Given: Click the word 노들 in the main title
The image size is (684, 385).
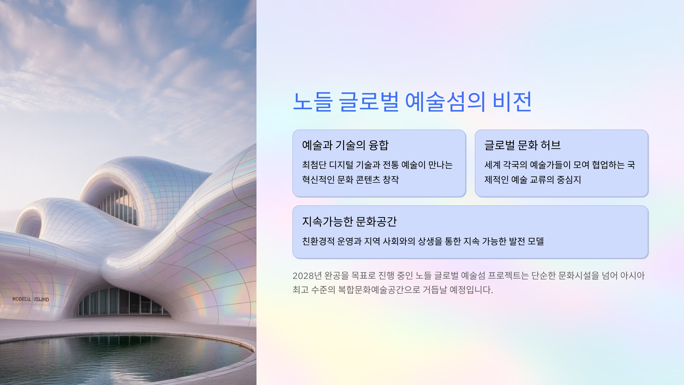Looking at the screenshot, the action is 313,102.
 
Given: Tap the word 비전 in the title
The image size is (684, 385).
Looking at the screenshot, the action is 512,102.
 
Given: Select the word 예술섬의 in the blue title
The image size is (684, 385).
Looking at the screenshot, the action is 445,102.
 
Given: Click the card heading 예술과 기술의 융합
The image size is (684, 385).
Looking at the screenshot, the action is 345,145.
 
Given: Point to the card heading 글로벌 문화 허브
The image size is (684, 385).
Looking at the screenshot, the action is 523,145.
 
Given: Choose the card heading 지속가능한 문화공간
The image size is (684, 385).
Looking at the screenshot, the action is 349,222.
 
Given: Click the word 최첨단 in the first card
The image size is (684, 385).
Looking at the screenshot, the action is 314,165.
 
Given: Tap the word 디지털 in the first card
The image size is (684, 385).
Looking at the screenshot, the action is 341,165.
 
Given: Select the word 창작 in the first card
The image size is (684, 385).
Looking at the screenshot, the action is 391,180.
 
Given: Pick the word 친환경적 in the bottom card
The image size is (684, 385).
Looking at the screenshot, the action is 318,241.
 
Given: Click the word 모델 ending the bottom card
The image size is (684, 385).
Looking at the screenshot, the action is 536,241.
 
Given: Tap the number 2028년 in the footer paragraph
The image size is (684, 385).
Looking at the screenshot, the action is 307,275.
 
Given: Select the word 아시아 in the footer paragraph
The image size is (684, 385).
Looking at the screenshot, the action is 632,275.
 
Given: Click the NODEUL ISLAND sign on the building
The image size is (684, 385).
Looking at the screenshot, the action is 31,299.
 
